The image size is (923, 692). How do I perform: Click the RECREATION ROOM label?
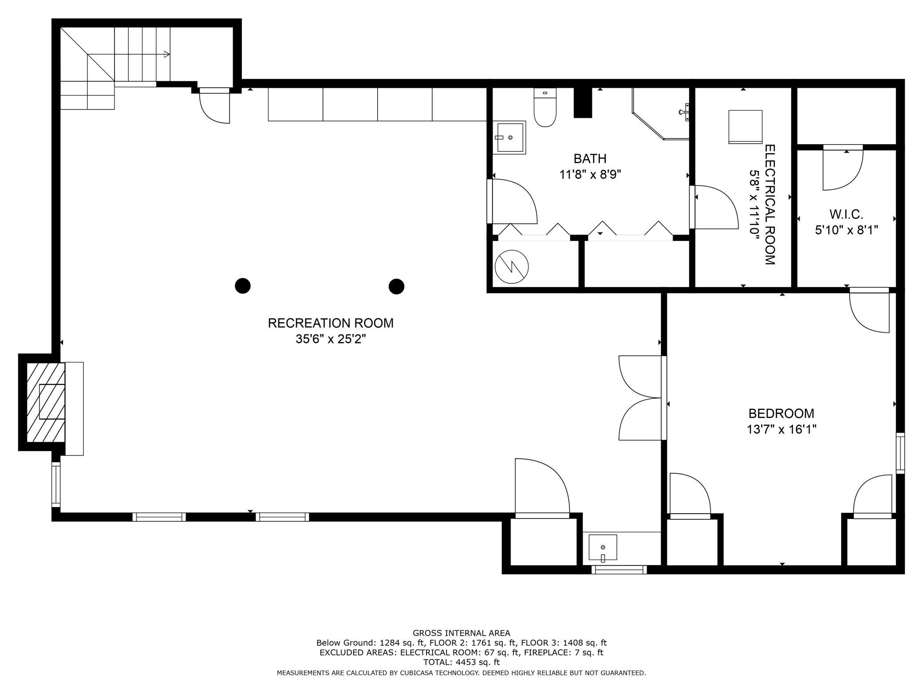tap(331, 323)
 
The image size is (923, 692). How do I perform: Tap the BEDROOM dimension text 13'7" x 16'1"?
tap(781, 429)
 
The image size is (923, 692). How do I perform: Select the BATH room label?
tap(590, 158)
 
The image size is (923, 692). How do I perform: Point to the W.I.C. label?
tap(846, 215)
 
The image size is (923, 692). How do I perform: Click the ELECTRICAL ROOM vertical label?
tap(770, 204)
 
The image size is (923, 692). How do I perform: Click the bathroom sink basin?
tap(509, 138)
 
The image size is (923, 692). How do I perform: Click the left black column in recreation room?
tap(243, 286)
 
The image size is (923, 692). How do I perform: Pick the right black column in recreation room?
tap(396, 286)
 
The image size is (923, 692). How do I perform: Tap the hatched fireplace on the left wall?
tap(46, 402)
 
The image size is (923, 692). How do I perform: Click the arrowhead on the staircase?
tap(167, 55)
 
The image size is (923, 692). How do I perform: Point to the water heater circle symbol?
tap(512, 267)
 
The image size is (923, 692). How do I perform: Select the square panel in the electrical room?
tap(745, 127)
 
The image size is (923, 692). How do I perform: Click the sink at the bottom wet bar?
tap(603, 548)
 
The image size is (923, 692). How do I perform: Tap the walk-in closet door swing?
tap(843, 168)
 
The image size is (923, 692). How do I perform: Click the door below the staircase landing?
tap(215, 106)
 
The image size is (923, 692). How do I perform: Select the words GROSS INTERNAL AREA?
tap(461, 633)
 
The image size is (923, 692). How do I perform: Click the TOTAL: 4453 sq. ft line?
tap(461, 662)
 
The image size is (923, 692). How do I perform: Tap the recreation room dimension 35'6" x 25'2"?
tap(331, 339)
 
